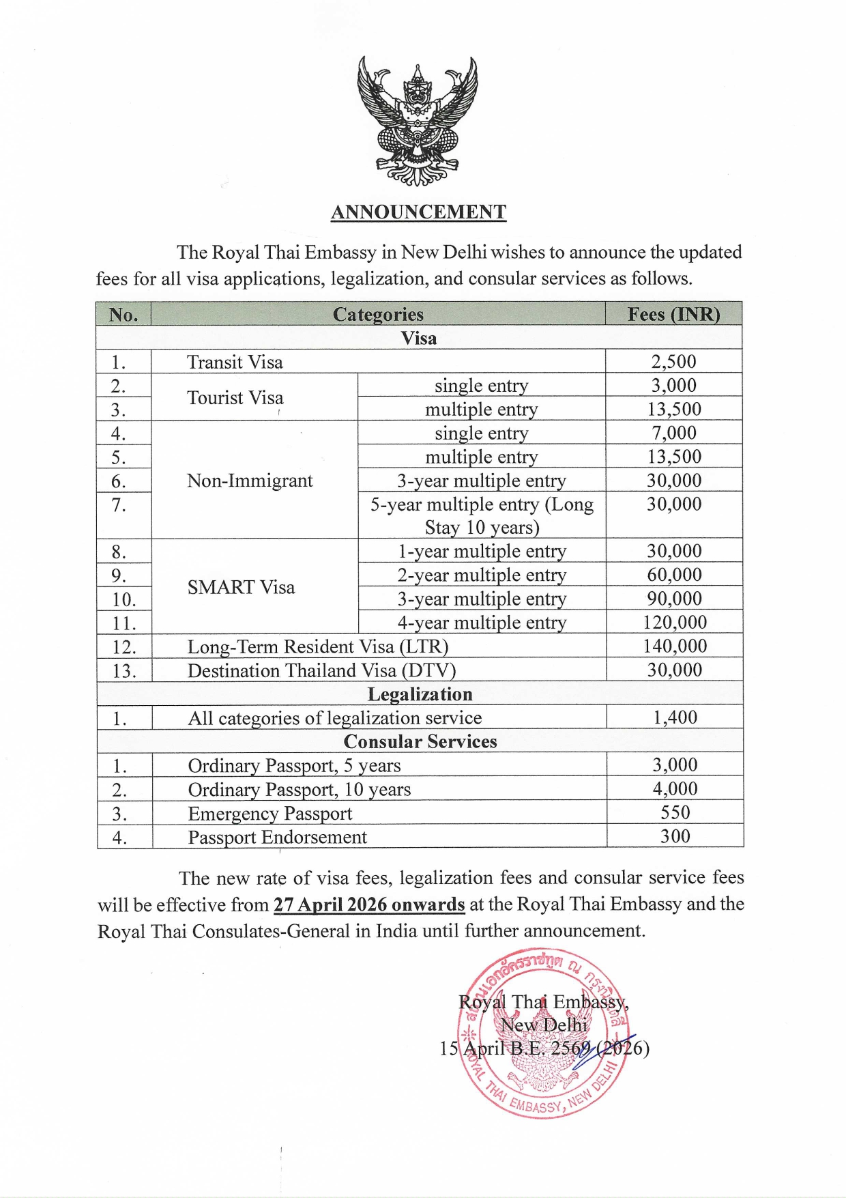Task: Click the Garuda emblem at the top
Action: [418, 122]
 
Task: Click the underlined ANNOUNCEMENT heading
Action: [418, 212]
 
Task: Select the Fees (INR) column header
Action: [673, 314]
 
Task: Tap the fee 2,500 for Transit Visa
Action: [673, 362]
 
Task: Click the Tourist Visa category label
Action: [235, 397]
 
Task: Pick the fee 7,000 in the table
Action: [673, 433]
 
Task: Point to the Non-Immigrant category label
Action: [250, 481]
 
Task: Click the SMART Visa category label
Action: [241, 587]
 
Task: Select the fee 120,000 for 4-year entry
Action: [674, 623]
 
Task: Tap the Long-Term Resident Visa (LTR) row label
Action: [318, 646]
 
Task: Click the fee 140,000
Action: [674, 646]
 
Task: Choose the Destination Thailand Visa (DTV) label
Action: [321, 670]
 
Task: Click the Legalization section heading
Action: [420, 694]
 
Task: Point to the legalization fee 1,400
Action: [675, 717]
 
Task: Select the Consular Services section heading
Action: [420, 741]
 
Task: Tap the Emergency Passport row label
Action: [270, 814]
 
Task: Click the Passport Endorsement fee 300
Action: [675, 836]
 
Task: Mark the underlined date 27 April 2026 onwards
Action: [369, 904]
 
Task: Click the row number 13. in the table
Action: [124, 671]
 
